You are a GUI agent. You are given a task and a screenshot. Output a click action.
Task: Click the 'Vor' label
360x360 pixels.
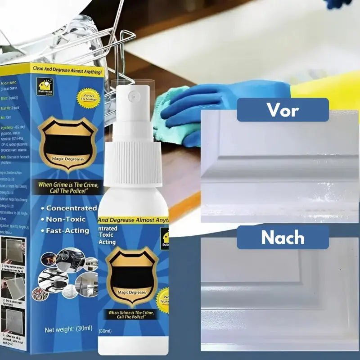(283, 110)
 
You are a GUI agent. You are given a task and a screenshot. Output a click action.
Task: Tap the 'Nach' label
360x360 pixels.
(283, 238)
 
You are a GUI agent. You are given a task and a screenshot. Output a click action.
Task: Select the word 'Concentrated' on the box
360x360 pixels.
(71, 208)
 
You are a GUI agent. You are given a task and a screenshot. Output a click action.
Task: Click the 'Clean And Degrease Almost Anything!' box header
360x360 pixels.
(67, 71)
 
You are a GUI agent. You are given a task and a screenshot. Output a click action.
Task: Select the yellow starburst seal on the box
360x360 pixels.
(87, 95)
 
